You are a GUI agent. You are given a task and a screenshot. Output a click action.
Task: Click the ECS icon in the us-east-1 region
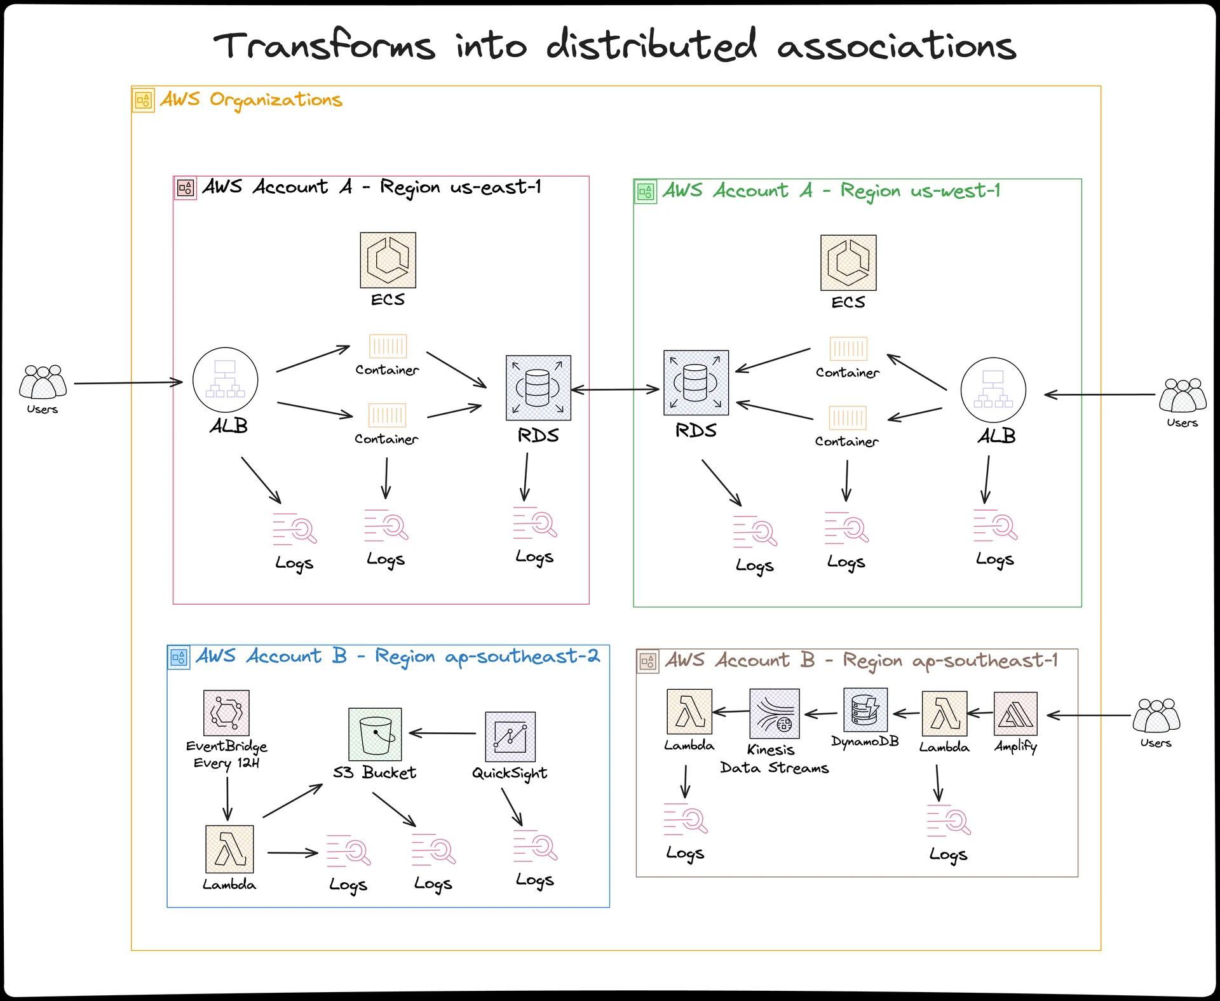coord(388,260)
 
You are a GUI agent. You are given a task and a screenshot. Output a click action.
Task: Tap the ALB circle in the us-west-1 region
coord(993,390)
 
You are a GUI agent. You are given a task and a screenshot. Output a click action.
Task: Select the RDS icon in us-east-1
coord(538,388)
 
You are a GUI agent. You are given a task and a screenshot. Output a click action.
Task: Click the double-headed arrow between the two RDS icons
coord(615,389)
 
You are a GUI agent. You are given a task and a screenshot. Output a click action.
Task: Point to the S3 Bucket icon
coord(375,734)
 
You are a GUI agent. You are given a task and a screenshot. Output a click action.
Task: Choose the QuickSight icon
coord(510,737)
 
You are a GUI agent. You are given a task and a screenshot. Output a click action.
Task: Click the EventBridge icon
coord(226,713)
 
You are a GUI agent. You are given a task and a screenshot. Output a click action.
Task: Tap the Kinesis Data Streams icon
coord(774,713)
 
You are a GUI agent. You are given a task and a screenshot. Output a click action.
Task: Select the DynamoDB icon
coord(865,709)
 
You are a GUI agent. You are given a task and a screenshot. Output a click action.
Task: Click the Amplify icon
coord(1015,714)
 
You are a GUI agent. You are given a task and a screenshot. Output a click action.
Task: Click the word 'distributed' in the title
coord(651,46)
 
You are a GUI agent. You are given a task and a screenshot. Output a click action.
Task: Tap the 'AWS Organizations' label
coord(250,100)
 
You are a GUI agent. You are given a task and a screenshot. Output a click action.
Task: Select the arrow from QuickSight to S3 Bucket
coord(442,733)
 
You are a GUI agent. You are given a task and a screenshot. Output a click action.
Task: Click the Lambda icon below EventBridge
coord(229,849)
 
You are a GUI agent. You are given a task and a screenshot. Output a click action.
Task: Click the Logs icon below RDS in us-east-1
coord(535,524)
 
